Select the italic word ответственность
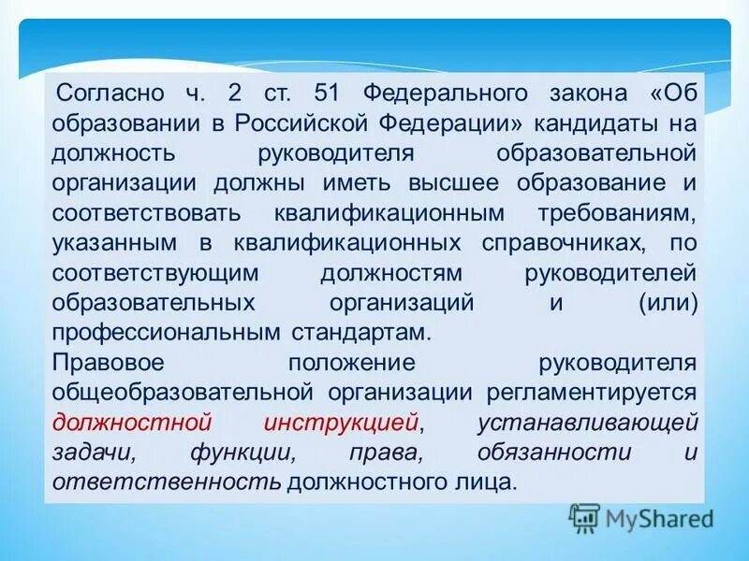coord(167,482)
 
